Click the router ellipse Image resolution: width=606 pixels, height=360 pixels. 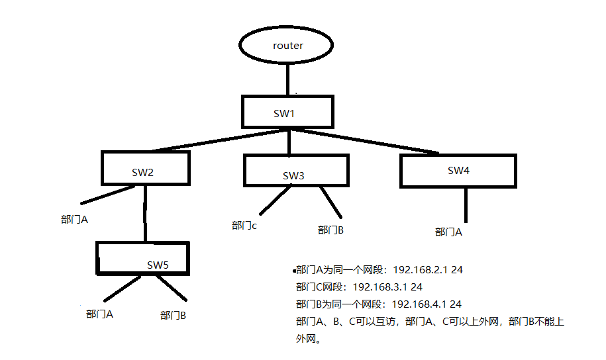click(x=287, y=46)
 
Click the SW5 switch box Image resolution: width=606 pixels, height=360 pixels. click(x=142, y=257)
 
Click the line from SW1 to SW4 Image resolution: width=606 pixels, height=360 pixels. click(x=371, y=140)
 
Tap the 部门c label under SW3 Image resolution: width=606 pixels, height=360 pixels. click(x=244, y=226)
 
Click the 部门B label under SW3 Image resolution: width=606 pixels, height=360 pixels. click(x=330, y=230)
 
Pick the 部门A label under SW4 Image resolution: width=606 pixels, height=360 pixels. click(x=448, y=232)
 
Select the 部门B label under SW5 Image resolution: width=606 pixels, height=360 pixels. click(x=173, y=316)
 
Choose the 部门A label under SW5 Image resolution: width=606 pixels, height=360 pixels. click(x=99, y=314)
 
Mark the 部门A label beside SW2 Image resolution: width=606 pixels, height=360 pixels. click(x=74, y=219)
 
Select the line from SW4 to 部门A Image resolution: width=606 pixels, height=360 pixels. click(x=466, y=204)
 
